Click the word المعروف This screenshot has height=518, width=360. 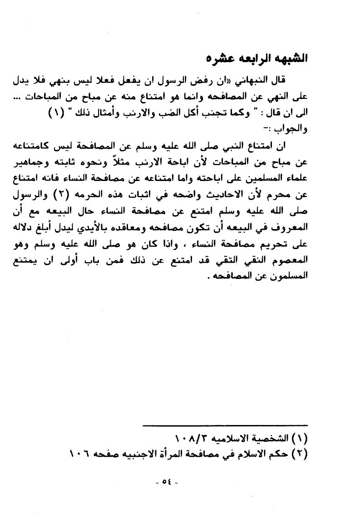(291, 227)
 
